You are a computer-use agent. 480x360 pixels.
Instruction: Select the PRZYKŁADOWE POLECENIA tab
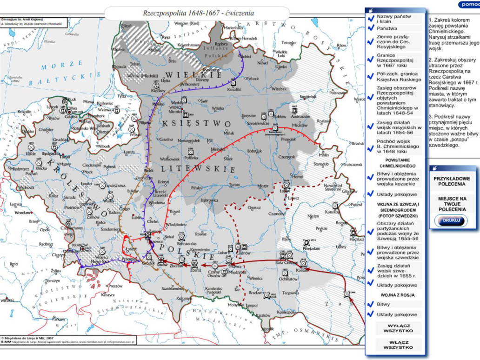[x=452, y=181]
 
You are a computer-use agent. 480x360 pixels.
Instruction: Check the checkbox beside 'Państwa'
[x=371, y=29]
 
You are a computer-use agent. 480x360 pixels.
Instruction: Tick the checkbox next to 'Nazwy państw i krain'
[x=371, y=19]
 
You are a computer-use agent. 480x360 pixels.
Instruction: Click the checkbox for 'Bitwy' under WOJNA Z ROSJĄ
[x=371, y=304]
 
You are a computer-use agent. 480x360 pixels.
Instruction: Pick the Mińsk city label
[x=229, y=133]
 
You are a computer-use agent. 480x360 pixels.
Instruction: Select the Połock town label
[x=253, y=79]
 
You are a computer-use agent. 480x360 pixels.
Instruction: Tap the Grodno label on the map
[x=166, y=139]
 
